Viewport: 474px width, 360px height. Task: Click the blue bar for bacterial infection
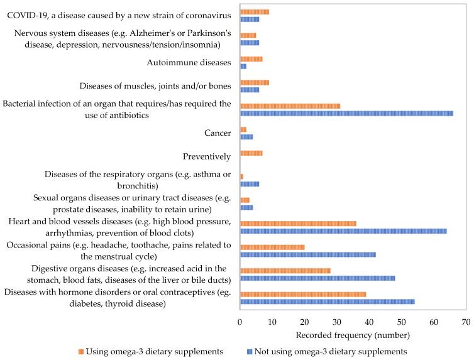click(346, 113)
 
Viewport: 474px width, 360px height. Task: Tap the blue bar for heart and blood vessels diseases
click(343, 231)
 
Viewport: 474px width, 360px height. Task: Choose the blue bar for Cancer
click(246, 136)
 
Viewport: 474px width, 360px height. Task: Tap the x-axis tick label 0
click(240, 322)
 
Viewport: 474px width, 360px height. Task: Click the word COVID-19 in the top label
click(28, 14)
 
